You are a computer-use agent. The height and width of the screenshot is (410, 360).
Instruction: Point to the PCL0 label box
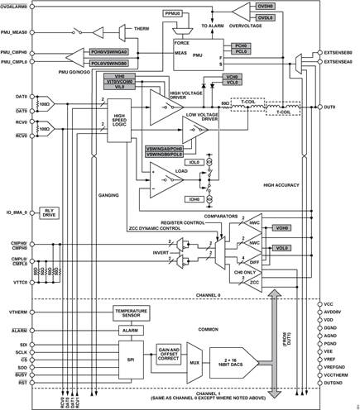tap(240, 51)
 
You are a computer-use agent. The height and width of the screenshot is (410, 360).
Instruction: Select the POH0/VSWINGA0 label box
tap(108, 52)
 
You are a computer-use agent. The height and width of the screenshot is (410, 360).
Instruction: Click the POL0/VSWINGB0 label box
tap(108, 62)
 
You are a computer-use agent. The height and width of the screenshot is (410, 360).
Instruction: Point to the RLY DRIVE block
tap(48, 213)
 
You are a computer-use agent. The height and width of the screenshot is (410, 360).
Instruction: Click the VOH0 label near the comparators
tap(282, 229)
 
